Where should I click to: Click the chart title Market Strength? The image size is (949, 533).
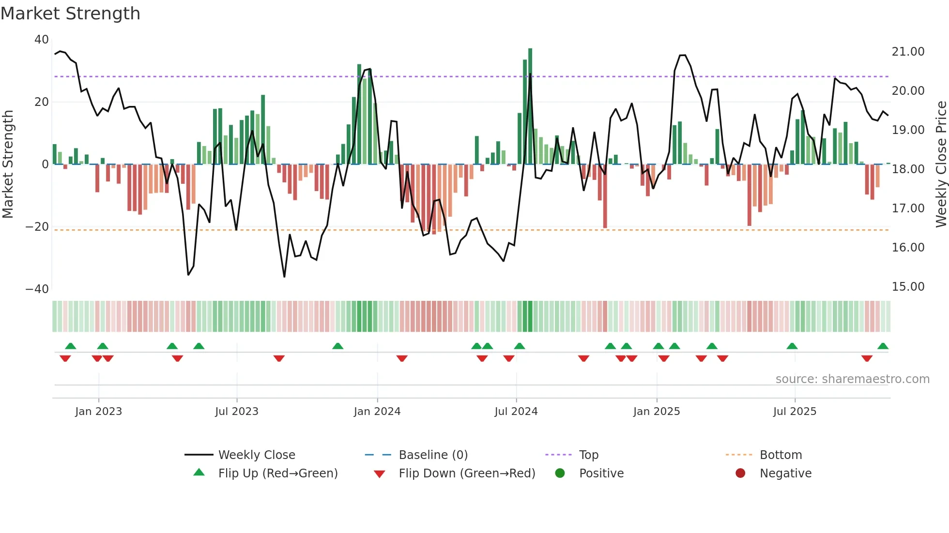[70, 14]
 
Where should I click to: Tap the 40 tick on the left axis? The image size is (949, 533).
[42, 40]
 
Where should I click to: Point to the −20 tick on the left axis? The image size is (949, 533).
[37, 227]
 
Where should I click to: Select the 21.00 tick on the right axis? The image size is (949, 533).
[908, 52]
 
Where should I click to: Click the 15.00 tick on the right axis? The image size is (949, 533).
[908, 287]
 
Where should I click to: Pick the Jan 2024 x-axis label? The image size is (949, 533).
[377, 412]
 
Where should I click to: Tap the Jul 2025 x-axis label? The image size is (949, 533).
[795, 412]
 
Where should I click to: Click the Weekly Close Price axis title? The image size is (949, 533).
[941, 164]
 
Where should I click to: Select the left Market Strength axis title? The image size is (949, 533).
[8, 164]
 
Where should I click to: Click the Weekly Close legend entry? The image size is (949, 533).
[256, 455]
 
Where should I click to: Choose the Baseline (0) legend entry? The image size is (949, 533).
[433, 455]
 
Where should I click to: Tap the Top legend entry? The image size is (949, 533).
[588, 455]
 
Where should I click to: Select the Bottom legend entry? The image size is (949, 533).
[781, 455]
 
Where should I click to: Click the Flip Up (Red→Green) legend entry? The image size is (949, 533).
[277, 474]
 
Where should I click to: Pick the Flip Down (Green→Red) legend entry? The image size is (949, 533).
[467, 474]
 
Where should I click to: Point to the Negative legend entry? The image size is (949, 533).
[785, 474]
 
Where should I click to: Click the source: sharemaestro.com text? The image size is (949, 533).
[852, 379]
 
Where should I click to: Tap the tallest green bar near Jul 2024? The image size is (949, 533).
[530, 106]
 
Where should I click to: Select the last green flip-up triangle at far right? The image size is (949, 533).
[883, 346]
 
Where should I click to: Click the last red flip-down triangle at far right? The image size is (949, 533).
[867, 358]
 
